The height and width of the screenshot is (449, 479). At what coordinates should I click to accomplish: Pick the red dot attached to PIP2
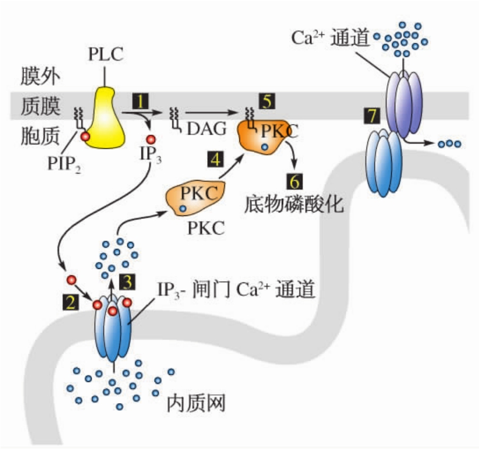[85, 137]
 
